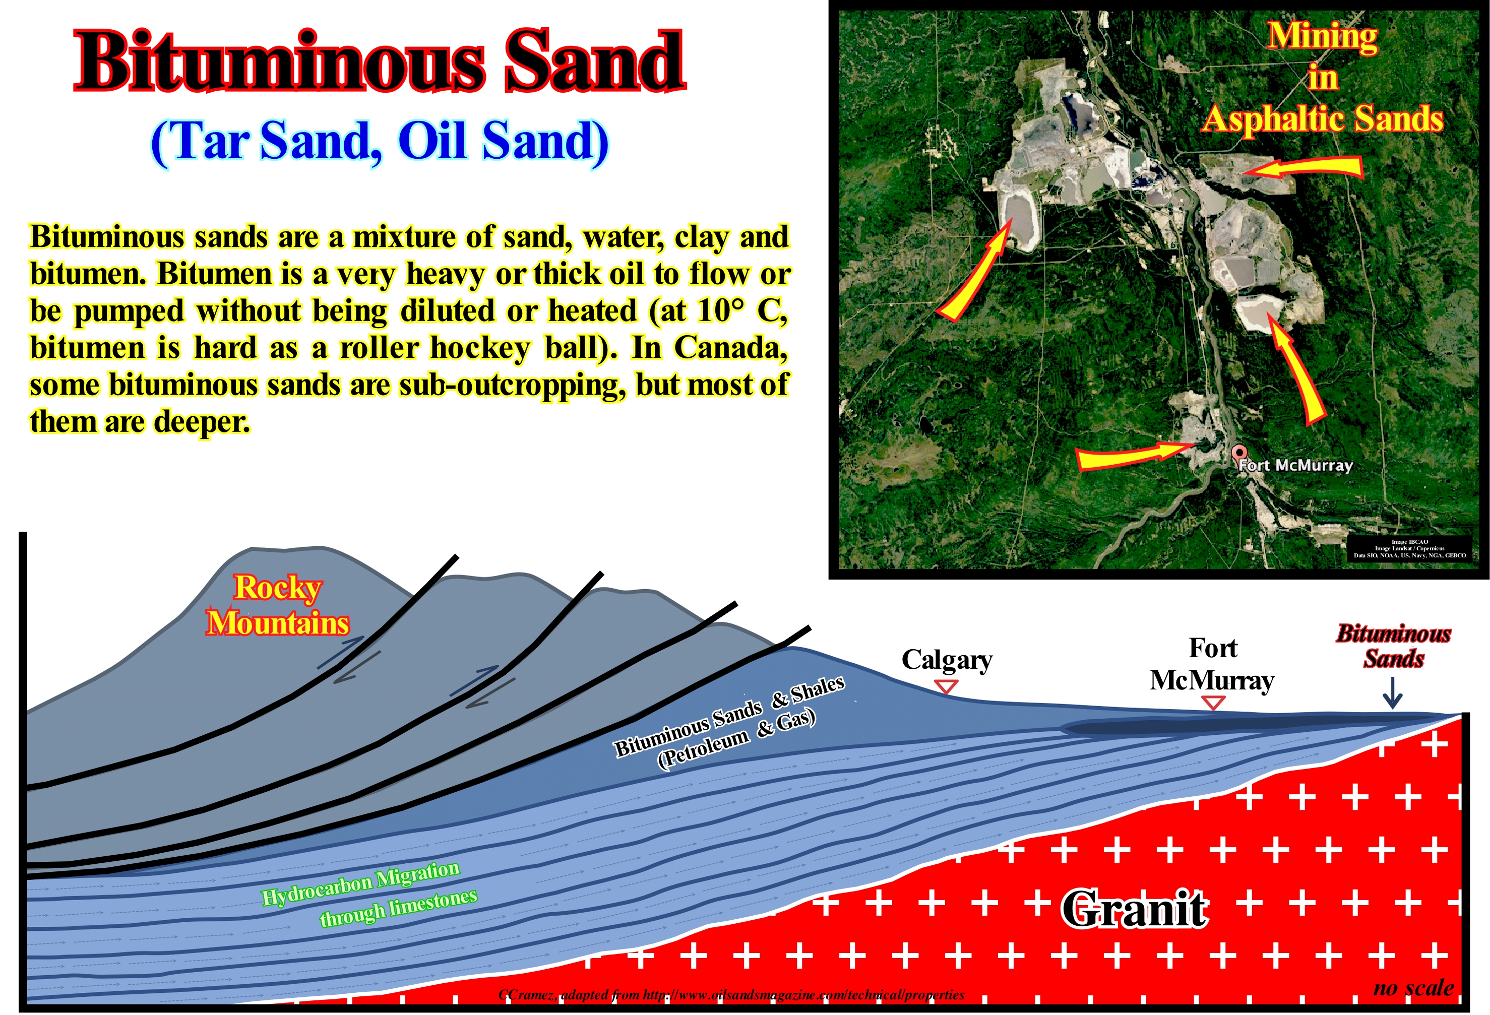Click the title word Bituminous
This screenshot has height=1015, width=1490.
pyautogui.click(x=280, y=62)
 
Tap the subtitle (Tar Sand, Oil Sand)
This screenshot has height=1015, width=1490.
pyautogui.click(x=380, y=142)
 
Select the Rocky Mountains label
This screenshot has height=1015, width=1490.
pyautogui.click(x=278, y=605)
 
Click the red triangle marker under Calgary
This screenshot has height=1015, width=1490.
pyautogui.click(x=946, y=687)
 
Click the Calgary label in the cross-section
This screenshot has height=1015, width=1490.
pyautogui.click(x=947, y=660)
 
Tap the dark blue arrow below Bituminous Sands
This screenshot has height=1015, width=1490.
pyautogui.click(x=1392, y=693)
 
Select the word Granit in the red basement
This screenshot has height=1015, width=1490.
pyautogui.click(x=1134, y=909)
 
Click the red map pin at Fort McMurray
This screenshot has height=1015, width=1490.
pyautogui.click(x=1238, y=454)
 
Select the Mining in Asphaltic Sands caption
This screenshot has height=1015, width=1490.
pyautogui.click(x=1323, y=78)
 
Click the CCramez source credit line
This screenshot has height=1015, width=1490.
pyautogui.click(x=731, y=994)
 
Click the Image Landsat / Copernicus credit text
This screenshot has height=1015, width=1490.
pyautogui.click(x=1409, y=548)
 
